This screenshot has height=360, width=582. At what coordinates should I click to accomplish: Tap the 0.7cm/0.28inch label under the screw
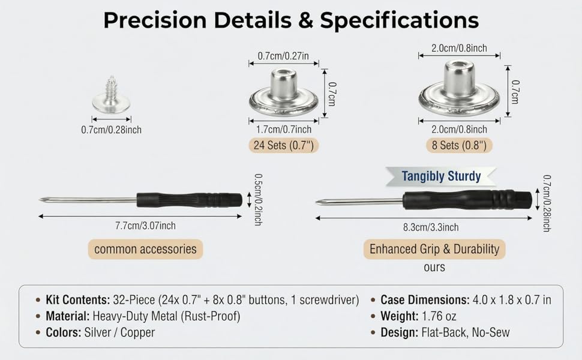(112, 130)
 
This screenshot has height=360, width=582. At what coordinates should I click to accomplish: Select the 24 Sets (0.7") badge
(284, 145)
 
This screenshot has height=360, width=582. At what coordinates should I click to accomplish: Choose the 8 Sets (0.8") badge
(459, 145)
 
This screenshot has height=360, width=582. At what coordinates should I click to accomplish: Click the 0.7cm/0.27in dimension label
(283, 56)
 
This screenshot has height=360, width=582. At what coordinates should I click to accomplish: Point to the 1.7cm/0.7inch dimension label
(284, 130)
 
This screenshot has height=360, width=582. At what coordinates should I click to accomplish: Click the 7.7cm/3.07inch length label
(145, 226)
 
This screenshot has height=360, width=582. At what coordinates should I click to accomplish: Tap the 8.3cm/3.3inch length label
(431, 227)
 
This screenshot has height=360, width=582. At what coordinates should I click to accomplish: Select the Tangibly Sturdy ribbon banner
(441, 176)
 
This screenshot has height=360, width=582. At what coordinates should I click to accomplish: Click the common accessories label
(145, 248)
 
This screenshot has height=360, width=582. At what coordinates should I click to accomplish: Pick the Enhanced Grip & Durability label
(434, 248)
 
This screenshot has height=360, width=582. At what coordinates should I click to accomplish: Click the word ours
(434, 267)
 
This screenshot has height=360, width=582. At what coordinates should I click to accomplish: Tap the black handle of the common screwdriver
(189, 200)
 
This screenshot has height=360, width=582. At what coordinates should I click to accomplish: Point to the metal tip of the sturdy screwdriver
(359, 202)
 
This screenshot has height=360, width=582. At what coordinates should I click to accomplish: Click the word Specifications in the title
(400, 20)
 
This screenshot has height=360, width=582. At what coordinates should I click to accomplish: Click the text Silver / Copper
(119, 332)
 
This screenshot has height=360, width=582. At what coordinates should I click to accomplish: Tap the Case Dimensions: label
(425, 300)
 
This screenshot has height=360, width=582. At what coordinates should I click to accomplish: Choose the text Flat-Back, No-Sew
(466, 332)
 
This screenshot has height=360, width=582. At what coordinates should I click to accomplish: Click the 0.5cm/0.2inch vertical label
(259, 200)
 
